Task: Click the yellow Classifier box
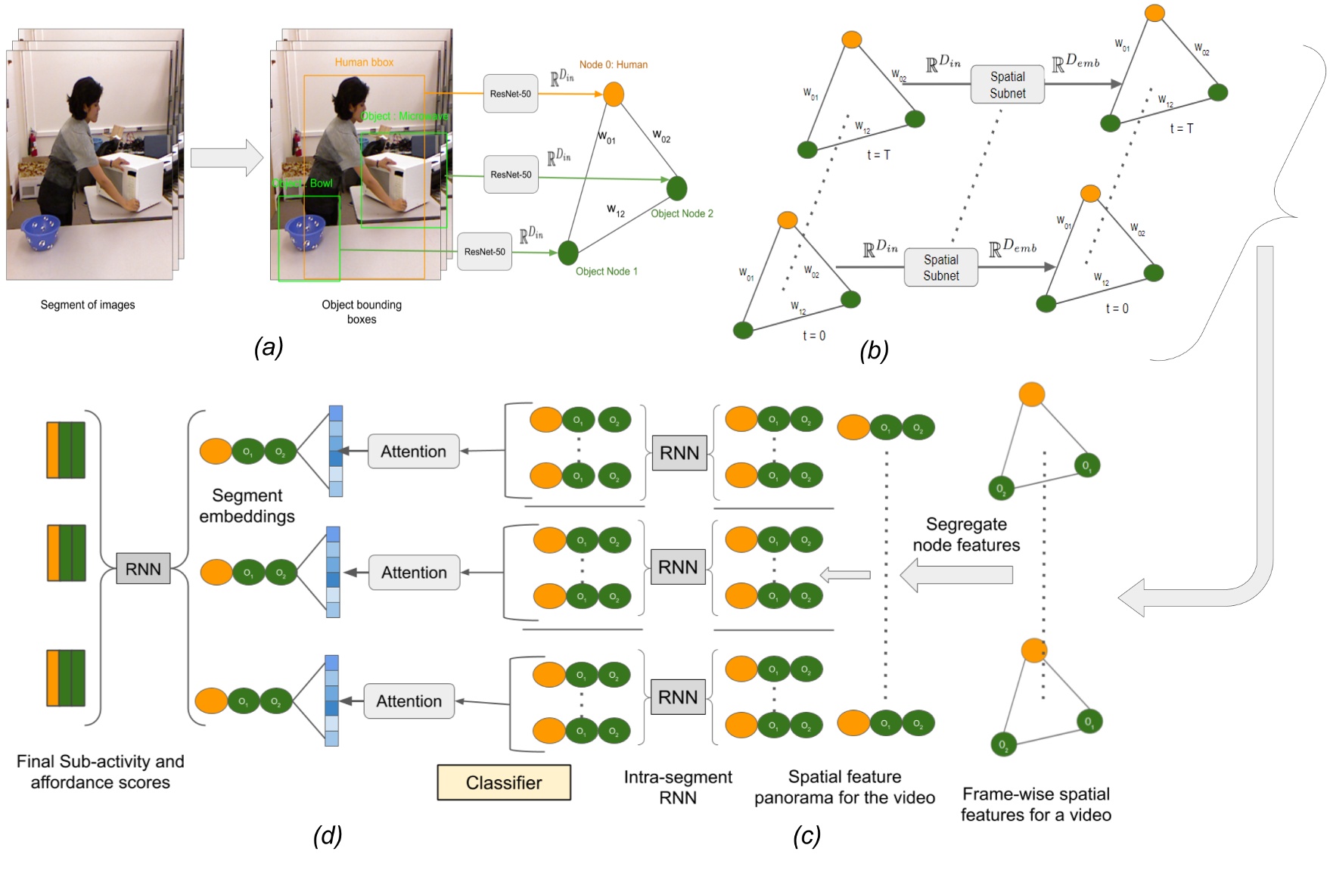(504, 782)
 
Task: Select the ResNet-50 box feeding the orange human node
(511, 94)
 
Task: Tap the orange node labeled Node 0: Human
(614, 95)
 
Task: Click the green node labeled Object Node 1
(568, 253)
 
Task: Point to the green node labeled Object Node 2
(677, 188)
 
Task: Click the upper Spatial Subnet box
(1008, 85)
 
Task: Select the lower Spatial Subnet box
(941, 268)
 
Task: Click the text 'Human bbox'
(364, 62)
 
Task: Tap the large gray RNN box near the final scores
(143, 569)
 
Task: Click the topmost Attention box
(414, 452)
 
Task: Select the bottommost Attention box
(409, 701)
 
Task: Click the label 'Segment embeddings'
(247, 505)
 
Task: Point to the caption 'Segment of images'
(88, 305)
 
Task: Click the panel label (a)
(269, 347)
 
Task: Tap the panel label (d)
(328, 835)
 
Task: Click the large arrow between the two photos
(226, 157)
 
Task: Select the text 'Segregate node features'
(966, 534)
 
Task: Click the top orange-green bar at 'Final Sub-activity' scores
(66, 450)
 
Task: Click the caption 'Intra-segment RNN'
(678, 787)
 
